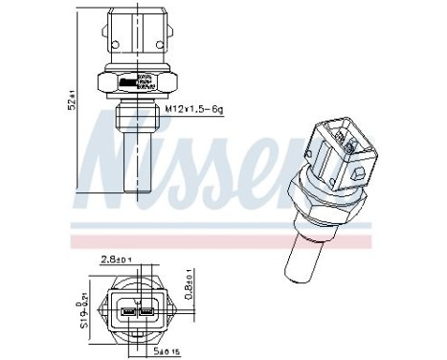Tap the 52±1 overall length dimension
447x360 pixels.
pos(74,99)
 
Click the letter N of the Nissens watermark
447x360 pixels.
pos(115,153)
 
